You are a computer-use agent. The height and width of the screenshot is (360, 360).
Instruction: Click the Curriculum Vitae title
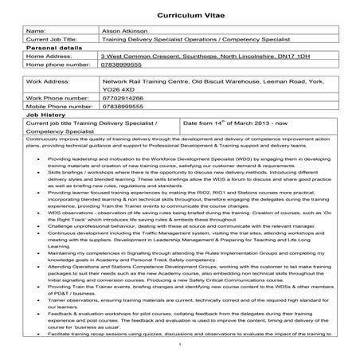click(x=179, y=15)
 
